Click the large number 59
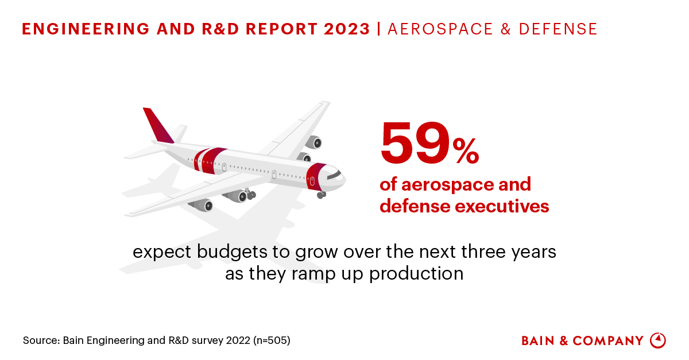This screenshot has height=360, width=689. pyautogui.click(x=415, y=142)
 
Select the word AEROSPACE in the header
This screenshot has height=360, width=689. pyautogui.click(x=431, y=29)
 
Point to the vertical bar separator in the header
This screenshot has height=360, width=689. pyautogui.click(x=379, y=29)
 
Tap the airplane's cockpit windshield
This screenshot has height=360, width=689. pyautogui.click(x=334, y=173)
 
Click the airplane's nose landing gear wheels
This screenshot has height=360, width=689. pyautogui.click(x=321, y=195)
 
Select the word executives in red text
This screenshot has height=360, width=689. pyautogui.click(x=504, y=206)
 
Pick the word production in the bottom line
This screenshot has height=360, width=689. pyautogui.click(x=416, y=273)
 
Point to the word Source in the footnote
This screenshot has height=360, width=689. pyautogui.click(x=39, y=340)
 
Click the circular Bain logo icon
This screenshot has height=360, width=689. pyautogui.click(x=657, y=340)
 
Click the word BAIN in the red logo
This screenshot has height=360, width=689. pyautogui.click(x=539, y=341)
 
